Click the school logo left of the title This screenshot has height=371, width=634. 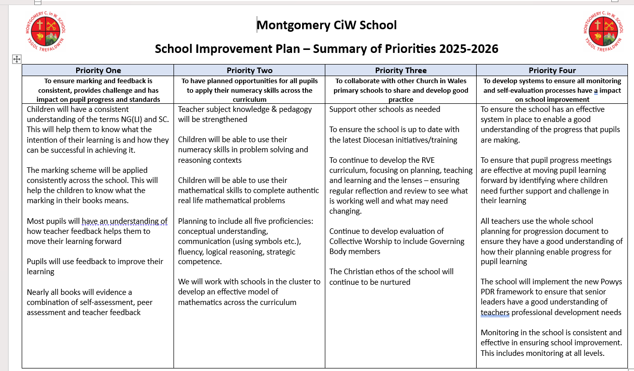46,31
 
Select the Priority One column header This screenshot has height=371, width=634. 98,71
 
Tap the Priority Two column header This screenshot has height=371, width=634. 250,71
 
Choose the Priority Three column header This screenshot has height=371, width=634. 401,71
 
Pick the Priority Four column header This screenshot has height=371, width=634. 552,71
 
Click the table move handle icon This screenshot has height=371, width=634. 16,59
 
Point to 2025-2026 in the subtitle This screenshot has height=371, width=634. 469,49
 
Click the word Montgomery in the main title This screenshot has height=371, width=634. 289,25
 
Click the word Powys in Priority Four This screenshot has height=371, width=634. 610,282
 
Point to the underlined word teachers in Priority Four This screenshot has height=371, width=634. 495,313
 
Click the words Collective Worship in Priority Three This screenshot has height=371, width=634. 363,241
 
